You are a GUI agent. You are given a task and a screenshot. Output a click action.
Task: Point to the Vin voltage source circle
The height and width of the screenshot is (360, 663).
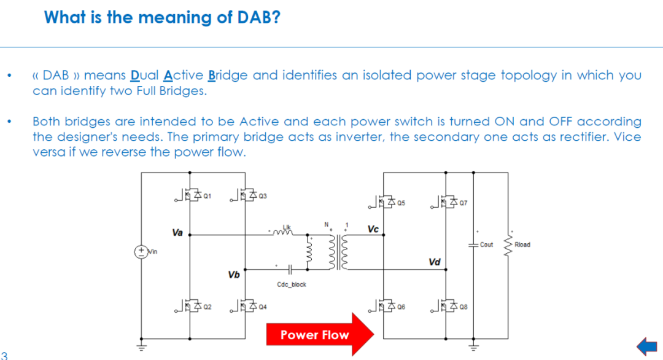(141, 252)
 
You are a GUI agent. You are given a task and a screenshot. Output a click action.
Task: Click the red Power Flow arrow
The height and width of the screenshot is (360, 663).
(320, 335)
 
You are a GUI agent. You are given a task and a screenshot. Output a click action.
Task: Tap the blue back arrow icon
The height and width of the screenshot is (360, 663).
(647, 346)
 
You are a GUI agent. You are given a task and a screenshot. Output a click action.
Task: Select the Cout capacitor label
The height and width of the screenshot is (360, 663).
(486, 245)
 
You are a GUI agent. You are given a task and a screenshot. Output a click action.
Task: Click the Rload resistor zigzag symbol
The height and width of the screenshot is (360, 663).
(508, 245)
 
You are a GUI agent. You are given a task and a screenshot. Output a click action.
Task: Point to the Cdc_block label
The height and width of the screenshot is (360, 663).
(292, 284)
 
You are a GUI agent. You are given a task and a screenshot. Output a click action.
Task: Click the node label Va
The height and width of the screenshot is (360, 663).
(177, 233)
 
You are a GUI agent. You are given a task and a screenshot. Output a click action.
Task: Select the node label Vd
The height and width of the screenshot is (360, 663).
(435, 262)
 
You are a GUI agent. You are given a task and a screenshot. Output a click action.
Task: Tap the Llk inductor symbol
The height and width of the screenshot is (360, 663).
(282, 232)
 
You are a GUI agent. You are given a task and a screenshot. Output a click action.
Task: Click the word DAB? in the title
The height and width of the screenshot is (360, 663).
(259, 17)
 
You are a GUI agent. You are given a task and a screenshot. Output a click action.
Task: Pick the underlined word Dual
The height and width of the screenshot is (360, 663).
(145, 76)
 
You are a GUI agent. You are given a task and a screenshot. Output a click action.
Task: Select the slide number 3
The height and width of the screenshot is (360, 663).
(4, 355)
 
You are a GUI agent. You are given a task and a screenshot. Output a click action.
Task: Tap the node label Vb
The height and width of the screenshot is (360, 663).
(234, 275)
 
